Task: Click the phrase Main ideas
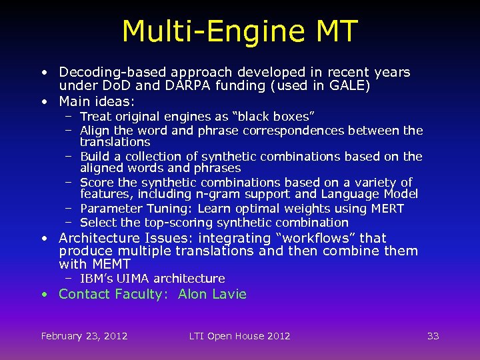97,101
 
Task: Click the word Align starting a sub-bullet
95,131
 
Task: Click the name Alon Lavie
212,294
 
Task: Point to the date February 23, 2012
84,336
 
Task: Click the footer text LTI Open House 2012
239,336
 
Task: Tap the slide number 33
433,336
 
